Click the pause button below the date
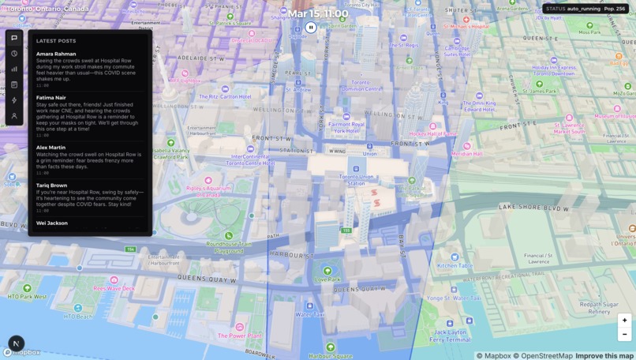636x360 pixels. (311, 28)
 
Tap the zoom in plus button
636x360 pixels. (624, 321)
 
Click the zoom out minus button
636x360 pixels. (624, 335)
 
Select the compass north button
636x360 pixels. (16, 343)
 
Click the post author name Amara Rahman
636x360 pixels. (56, 54)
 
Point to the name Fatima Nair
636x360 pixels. (52, 98)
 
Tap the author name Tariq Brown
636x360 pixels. (51, 186)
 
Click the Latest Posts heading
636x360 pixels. (56, 41)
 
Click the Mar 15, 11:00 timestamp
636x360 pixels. (317, 13)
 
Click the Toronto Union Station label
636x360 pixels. (356, 180)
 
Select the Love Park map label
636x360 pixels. (327, 279)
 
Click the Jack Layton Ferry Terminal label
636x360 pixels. (451, 336)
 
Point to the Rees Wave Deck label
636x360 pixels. (114, 288)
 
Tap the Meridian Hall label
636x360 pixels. (466, 154)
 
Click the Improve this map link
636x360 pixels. (604, 356)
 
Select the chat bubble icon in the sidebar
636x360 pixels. (14, 38)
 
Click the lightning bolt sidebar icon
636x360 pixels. (14, 100)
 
